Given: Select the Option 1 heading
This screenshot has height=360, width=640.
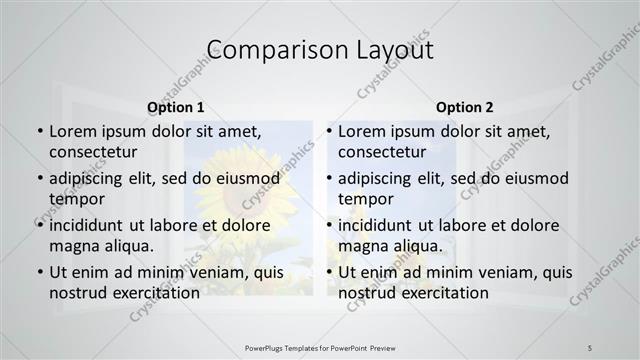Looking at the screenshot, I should tap(176, 107).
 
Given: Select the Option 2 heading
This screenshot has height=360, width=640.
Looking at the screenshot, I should tap(465, 107).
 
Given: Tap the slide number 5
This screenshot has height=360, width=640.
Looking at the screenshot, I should tap(590, 347).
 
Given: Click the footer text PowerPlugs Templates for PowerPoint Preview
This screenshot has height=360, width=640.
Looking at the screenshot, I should tap(320, 347).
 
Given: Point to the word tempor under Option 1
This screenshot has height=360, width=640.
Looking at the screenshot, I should tap(76, 198).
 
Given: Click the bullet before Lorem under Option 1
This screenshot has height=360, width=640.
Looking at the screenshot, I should tap(39, 132).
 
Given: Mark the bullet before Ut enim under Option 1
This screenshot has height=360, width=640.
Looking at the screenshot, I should tap(39, 273).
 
